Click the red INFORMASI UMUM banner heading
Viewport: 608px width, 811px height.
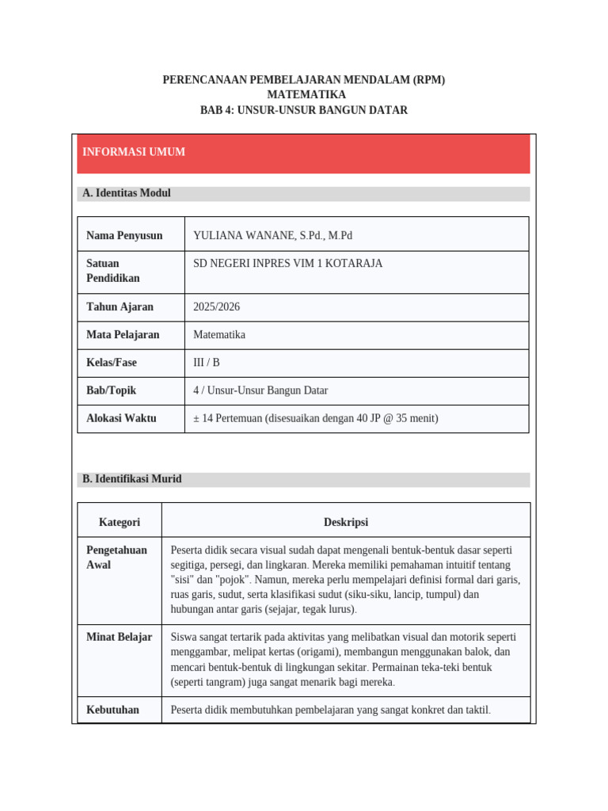[134, 152]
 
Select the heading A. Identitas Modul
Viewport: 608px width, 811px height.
[127, 193]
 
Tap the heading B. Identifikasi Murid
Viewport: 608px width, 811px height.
[132, 479]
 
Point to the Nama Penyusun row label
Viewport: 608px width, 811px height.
[124, 235]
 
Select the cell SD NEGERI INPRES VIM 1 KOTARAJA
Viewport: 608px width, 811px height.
[287, 263]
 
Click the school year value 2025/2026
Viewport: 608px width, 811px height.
[216, 307]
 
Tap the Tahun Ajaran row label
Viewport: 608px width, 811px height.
[120, 307]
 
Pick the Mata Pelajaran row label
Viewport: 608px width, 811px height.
[123, 334]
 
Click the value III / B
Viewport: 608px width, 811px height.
[207, 362]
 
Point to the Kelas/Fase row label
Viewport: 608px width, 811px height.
[112, 362]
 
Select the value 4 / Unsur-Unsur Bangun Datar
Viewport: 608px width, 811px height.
[260, 390]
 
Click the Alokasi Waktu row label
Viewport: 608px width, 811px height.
[121, 417]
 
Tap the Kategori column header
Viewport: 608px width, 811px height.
[120, 522]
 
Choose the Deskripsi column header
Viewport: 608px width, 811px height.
[346, 522]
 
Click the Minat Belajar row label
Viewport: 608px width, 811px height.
[119, 637]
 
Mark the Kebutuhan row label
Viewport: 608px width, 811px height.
[112, 710]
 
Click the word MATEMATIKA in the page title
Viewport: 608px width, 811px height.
[304, 95]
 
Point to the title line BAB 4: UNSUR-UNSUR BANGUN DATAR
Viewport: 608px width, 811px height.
[304, 110]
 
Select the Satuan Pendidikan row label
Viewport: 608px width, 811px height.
[112, 270]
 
